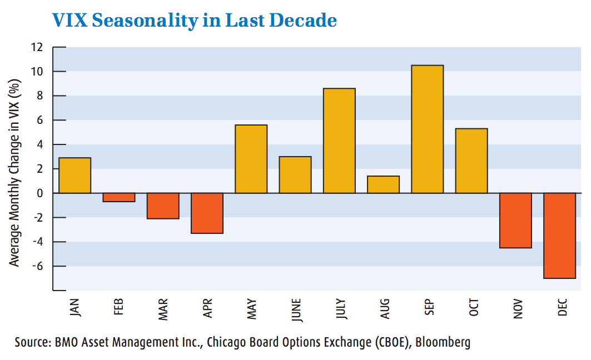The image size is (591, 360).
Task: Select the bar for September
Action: click(x=427, y=129)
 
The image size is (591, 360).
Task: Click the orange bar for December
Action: click(x=559, y=236)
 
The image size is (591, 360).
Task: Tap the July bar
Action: click(x=339, y=141)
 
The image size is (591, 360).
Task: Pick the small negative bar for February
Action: click(x=118, y=197)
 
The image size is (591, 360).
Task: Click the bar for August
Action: click(x=383, y=184)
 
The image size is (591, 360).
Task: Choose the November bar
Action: click(x=515, y=220)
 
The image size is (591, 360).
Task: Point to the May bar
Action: click(x=251, y=159)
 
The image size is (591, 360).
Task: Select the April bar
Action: click(x=207, y=213)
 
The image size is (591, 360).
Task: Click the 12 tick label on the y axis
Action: click(x=37, y=47)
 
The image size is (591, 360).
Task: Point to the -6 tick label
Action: click(x=37, y=266)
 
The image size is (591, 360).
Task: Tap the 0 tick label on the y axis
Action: click(x=40, y=193)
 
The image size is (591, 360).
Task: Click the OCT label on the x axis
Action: click(x=474, y=309)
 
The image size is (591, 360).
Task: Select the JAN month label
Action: click(x=75, y=309)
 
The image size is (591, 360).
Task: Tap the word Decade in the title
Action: click(x=308, y=21)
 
